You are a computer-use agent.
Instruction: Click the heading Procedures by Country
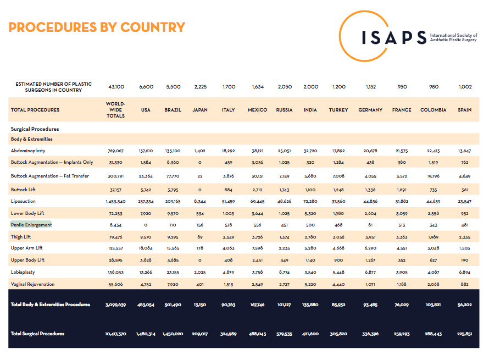point(97,27)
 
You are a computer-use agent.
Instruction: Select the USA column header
point(146,110)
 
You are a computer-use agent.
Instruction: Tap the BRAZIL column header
point(173,110)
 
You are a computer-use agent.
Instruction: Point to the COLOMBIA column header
point(433,110)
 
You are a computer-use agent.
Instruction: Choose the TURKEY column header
point(338,110)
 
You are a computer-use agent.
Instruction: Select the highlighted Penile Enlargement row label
point(31,225)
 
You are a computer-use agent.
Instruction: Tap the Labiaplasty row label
point(23,272)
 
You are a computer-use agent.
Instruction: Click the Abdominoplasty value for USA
point(146,151)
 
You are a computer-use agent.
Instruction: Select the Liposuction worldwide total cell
point(115,202)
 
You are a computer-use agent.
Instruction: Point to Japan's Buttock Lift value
point(199,190)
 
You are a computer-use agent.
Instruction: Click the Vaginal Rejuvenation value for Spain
point(464,284)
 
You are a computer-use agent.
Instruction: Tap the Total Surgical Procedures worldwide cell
point(115,334)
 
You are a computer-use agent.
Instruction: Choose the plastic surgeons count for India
point(310,87)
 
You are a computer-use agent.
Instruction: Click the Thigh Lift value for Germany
point(370,237)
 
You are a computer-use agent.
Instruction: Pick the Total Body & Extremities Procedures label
point(51,304)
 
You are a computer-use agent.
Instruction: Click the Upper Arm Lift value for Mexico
point(257,248)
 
